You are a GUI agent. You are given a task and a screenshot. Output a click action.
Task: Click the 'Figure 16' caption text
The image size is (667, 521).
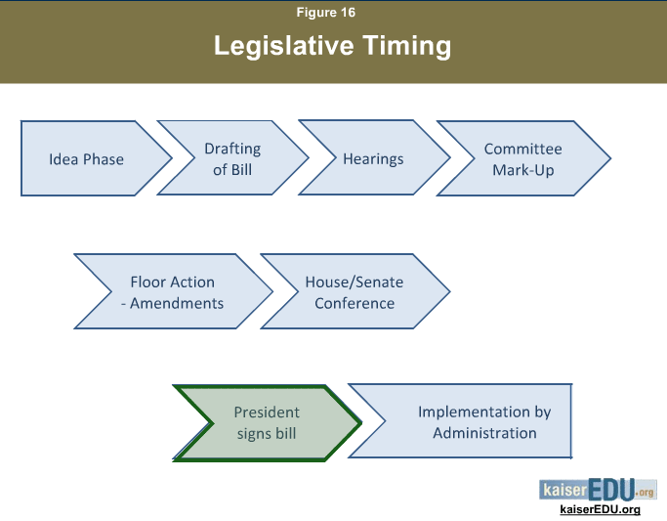[x=326, y=13]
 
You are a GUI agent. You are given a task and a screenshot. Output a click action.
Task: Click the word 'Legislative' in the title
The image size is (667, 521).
[x=284, y=46]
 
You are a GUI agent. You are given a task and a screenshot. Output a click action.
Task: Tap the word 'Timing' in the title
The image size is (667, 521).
[x=406, y=46]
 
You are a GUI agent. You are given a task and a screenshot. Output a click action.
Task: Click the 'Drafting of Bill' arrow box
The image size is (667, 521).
[x=233, y=158]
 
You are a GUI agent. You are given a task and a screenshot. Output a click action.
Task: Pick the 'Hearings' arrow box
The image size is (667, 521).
[x=374, y=157]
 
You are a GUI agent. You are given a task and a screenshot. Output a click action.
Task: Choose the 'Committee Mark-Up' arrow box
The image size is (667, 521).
[x=524, y=158]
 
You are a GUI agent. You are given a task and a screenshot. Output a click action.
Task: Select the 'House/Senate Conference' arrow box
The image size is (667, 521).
[x=355, y=291]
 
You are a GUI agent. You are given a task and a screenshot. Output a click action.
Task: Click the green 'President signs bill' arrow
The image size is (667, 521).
[x=268, y=423]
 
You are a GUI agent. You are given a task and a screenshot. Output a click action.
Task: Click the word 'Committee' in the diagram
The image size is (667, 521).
[x=522, y=149]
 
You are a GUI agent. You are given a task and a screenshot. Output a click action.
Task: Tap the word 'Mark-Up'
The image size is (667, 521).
[x=523, y=170]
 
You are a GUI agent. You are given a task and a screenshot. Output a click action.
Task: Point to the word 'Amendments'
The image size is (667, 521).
[x=177, y=303]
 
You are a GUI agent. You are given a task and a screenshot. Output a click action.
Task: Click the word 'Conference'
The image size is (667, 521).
[x=354, y=303]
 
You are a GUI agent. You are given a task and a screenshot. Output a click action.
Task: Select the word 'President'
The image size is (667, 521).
[x=267, y=412]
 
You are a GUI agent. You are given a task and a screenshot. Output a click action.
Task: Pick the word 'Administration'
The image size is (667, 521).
[x=484, y=433]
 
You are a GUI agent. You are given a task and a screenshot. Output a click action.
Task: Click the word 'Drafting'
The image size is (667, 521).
[x=232, y=149]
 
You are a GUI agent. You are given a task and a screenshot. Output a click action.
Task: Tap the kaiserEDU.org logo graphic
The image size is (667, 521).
[x=598, y=490]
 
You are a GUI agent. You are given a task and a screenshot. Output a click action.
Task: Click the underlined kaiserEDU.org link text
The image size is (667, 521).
[x=600, y=509]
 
